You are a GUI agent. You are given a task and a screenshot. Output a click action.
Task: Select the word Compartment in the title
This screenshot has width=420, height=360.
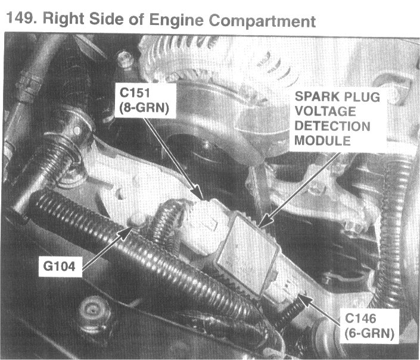[262, 21]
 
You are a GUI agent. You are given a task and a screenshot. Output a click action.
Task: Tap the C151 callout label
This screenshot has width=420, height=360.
[135, 93]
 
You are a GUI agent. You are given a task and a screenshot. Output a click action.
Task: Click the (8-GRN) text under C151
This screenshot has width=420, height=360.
[144, 108]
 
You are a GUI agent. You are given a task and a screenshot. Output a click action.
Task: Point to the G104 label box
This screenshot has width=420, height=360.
[60, 266]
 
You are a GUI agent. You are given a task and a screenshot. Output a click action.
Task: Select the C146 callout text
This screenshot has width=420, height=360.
[360, 318]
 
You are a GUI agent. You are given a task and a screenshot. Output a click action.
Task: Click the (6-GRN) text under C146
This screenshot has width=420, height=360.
[369, 334]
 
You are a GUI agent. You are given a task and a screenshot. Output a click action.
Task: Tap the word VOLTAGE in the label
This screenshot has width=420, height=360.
[325, 111]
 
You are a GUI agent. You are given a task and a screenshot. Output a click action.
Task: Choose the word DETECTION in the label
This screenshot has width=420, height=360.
[332, 126]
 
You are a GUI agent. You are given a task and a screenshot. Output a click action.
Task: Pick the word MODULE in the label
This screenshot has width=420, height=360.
[322, 140]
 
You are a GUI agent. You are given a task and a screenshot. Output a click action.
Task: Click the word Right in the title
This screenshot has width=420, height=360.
[64, 18]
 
